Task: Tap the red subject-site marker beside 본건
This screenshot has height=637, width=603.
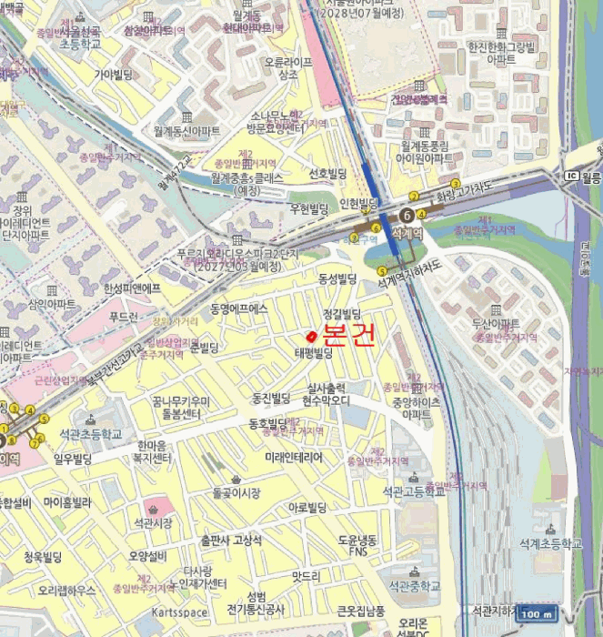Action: (x=312, y=337)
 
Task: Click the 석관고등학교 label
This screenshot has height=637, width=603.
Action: (x=414, y=491)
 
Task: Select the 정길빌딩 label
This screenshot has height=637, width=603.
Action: (x=342, y=313)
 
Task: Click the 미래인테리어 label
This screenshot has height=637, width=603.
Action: (x=293, y=457)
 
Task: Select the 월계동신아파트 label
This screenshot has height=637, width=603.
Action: (x=187, y=131)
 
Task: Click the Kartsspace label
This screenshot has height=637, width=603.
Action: (x=181, y=612)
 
